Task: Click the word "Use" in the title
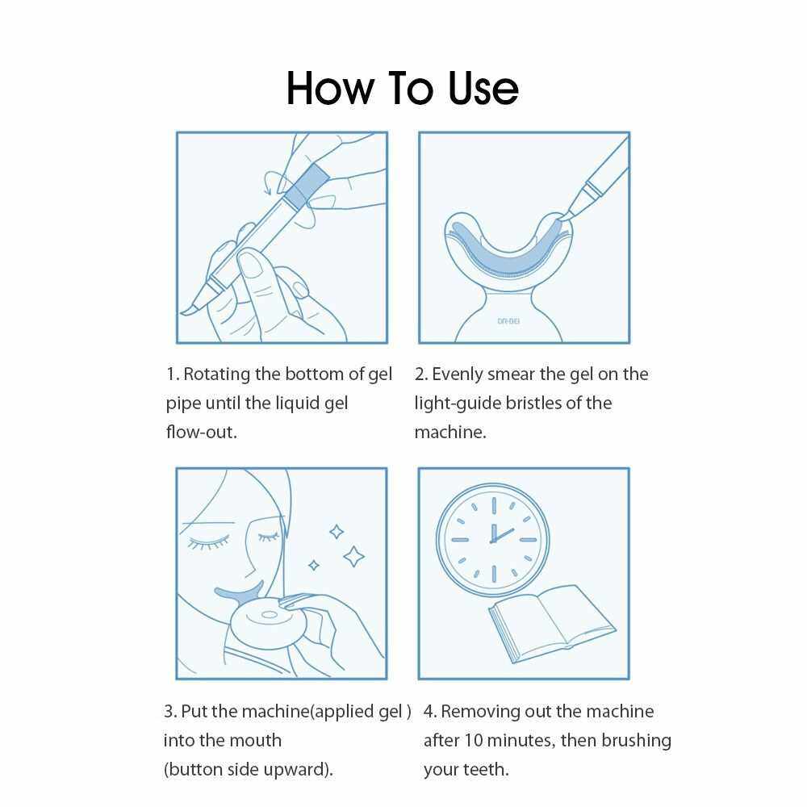coord(483,88)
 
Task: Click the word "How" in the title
coord(330,88)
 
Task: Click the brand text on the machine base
coord(508,321)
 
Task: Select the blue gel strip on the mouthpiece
coord(507,249)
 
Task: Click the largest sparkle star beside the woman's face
coord(354,556)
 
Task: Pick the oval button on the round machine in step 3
coord(269,614)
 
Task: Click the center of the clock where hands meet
coord(493,540)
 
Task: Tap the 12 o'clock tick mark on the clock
coord(494,505)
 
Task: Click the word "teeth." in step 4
coord(486,769)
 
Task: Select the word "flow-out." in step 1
coord(201,431)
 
